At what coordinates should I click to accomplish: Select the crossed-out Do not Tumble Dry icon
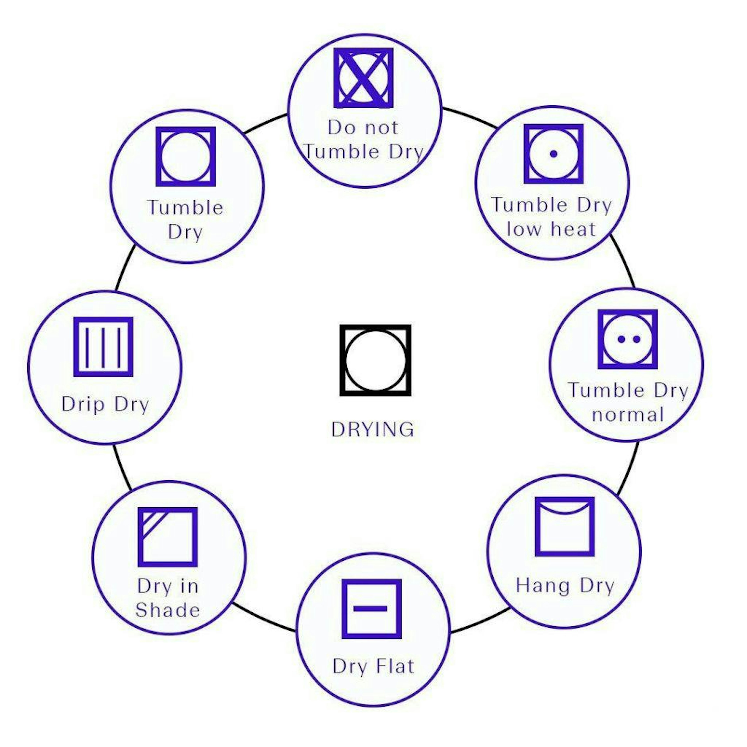point(363,78)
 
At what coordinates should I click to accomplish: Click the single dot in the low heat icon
point(553,154)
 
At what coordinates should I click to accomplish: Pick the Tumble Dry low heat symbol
point(553,154)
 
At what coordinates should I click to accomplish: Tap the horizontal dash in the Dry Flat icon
point(370,608)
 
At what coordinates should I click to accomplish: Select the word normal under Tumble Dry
point(628,415)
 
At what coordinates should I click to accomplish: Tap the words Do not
point(363,128)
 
